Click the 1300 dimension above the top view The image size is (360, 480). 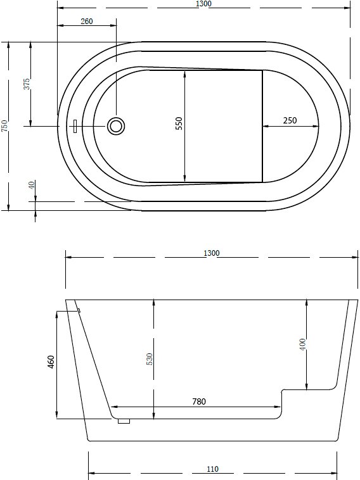[x=203, y=4]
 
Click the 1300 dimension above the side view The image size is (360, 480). [x=212, y=253]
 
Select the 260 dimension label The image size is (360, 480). [x=87, y=21]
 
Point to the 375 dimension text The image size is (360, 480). [x=27, y=84]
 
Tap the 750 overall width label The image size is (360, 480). [x=4, y=126]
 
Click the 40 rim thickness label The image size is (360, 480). [x=32, y=185]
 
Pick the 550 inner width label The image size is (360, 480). [x=179, y=123]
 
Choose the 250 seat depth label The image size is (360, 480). [x=290, y=120]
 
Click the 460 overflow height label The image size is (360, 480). [x=51, y=362]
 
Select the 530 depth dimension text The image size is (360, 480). [x=149, y=359]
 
